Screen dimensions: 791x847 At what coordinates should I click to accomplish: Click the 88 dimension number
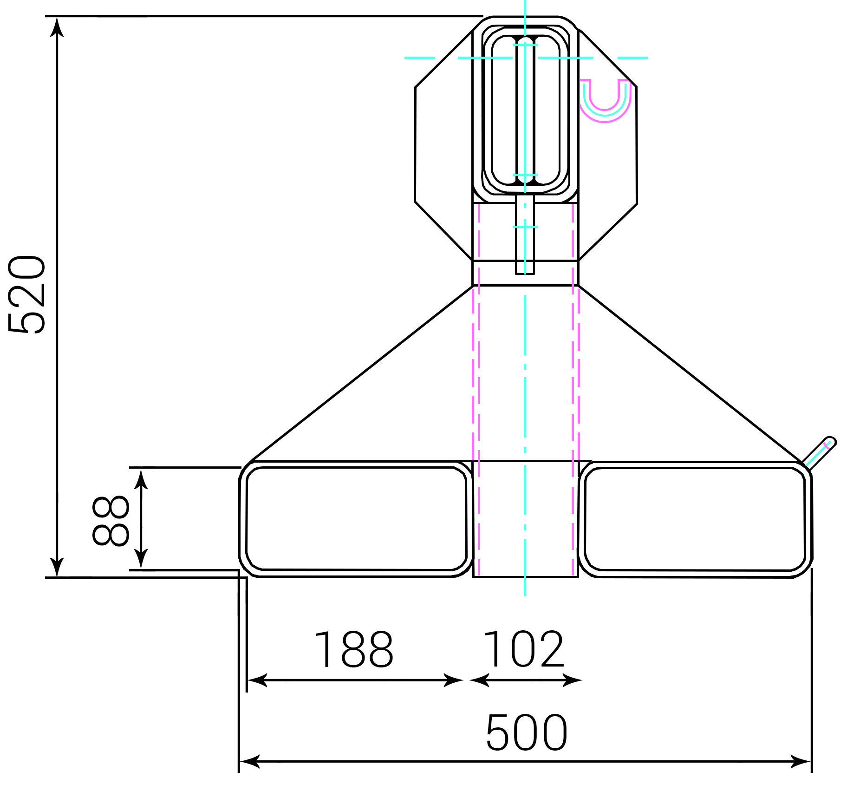tap(111, 521)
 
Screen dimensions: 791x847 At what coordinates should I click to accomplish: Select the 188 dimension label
tap(354, 649)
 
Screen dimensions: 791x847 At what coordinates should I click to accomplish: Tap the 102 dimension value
tap(524, 649)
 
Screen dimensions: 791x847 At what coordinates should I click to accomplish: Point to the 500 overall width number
tap(527, 732)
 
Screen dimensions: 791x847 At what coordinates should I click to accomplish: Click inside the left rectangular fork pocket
tap(356, 519)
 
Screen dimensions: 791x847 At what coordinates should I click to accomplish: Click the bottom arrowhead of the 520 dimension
tap(57, 568)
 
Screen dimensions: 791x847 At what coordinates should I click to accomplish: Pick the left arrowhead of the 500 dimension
tap(249, 762)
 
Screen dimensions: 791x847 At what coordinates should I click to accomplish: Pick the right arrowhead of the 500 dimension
tap(801, 762)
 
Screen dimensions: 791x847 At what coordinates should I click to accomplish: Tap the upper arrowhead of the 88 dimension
tap(141, 478)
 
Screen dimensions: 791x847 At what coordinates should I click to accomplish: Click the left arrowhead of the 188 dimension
tap(256, 680)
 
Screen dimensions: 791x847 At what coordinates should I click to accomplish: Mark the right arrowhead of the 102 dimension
tap(573, 680)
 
